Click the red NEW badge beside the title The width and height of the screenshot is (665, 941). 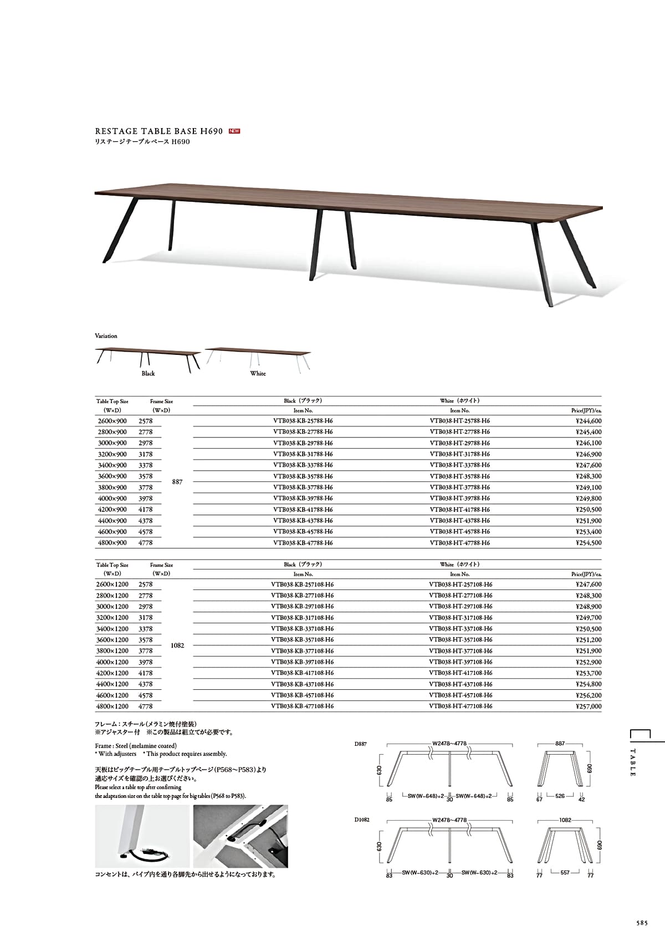tap(234, 131)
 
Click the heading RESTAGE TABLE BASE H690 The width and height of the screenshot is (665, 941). tap(159, 131)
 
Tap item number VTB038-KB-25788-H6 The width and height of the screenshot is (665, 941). tap(303, 421)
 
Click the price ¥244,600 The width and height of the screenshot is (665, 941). tap(589, 421)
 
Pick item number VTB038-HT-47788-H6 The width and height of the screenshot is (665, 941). tap(459, 543)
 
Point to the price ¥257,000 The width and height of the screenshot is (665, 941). tap(589, 706)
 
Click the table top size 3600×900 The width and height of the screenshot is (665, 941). tap(112, 476)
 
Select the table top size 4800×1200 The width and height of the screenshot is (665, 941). tap(112, 706)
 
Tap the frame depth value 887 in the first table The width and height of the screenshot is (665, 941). tap(177, 482)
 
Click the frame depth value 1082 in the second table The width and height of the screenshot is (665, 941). tap(177, 646)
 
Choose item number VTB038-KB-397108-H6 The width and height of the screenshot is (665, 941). tap(303, 662)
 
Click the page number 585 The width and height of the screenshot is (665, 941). tap(642, 923)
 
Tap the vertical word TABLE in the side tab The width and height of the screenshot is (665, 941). tap(633, 762)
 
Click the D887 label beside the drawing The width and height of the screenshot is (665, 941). tap(360, 744)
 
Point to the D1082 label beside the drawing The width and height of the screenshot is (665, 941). tap(362, 820)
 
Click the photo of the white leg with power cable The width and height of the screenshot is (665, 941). tap(141, 836)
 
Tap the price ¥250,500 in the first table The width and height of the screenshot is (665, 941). tap(589, 510)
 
